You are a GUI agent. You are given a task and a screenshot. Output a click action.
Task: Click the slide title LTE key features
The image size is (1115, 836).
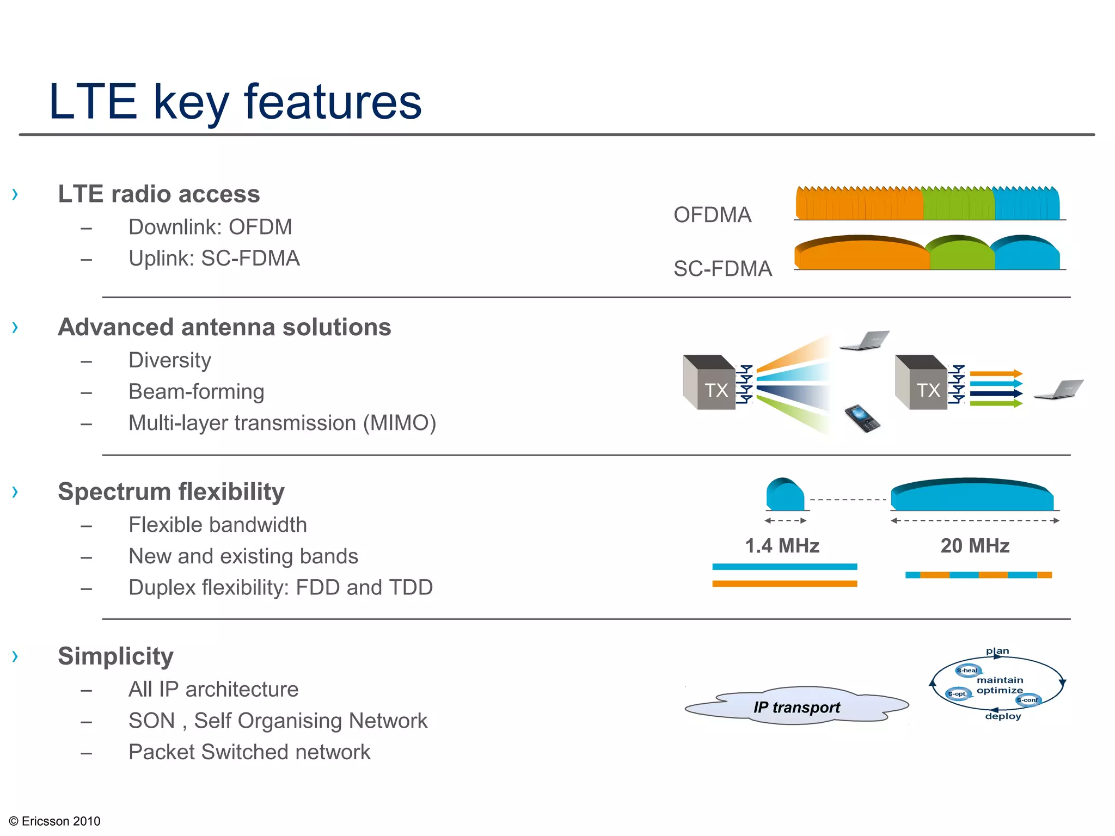[235, 102]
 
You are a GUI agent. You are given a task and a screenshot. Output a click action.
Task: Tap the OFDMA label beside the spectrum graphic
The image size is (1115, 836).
[712, 215]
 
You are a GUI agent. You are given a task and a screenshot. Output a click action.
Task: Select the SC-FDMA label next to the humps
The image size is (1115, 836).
[722, 269]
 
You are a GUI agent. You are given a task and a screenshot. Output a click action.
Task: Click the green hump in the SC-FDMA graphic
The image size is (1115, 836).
[961, 255]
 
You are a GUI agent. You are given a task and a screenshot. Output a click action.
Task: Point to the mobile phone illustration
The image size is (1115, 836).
[862, 418]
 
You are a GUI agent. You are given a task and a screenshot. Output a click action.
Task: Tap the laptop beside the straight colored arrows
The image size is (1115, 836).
[1059, 390]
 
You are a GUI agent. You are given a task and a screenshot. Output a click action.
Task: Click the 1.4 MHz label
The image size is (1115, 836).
[782, 546]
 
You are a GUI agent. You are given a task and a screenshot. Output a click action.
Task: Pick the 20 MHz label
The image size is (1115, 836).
[975, 546]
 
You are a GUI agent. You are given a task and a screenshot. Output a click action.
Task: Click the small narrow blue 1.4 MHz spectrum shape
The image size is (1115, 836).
[785, 495]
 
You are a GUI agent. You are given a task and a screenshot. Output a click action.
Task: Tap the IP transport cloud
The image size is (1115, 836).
[797, 706]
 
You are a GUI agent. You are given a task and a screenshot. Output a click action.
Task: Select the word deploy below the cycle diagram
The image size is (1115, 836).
[1003, 716]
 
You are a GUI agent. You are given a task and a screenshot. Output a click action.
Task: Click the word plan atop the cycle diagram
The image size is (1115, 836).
[997, 651]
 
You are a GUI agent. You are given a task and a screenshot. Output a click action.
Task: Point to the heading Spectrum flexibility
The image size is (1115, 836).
[171, 491]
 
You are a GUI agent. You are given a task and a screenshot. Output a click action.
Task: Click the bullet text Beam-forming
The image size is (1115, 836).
[196, 392]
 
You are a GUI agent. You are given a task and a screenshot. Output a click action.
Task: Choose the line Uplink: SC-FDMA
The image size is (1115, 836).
[214, 259]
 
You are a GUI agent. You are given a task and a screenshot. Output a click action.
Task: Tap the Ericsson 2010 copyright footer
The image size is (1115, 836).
[55, 821]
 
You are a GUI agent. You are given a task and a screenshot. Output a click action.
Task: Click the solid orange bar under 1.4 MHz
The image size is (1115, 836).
[785, 583]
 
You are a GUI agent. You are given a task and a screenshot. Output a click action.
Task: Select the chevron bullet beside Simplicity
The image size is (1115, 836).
[15, 656]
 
